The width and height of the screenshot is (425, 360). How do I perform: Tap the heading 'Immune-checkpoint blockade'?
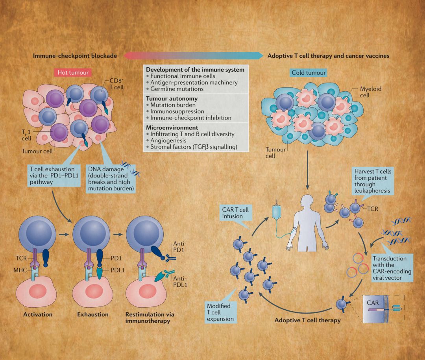pyautogui.click(x=75, y=56)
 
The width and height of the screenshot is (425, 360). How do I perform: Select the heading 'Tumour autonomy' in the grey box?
pyautogui.click(x=172, y=98)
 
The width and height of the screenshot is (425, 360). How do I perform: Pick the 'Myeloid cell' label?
pyautogui.click(x=371, y=92)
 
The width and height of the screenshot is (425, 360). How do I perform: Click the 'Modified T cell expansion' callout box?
pyautogui.click(x=220, y=312)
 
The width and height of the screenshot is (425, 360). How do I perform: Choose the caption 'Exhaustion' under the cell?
pyautogui.click(x=93, y=314)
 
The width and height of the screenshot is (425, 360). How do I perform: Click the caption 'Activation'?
pyautogui.click(x=38, y=314)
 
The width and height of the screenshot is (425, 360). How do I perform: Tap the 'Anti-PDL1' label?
pyautogui.click(x=179, y=281)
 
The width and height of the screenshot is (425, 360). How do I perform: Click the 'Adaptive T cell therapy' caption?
pyautogui.click(x=307, y=320)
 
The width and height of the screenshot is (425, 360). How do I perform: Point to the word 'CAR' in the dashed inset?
pyautogui.click(x=373, y=303)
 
